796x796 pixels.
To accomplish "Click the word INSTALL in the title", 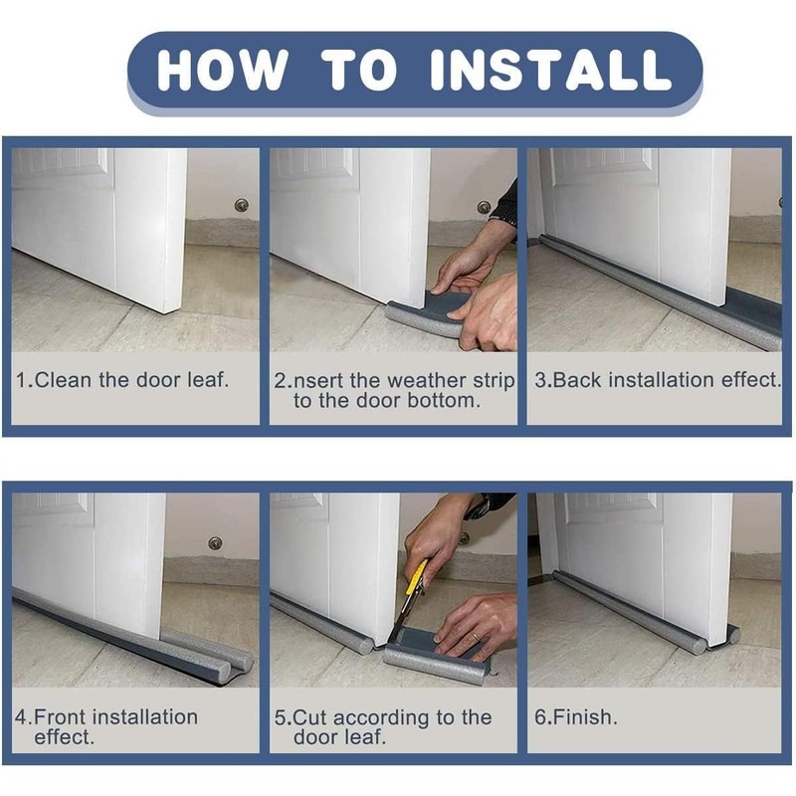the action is [x=551, y=70].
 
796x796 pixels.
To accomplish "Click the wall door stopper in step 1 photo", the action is [x=242, y=205].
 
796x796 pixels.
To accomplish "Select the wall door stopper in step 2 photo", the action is [x=485, y=207].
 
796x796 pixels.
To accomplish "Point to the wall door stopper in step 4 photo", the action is [x=215, y=542].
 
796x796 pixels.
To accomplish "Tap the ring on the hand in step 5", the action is [x=474, y=635].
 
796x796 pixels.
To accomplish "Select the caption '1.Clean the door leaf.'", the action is [x=121, y=380].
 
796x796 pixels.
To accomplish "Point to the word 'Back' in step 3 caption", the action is [x=577, y=380].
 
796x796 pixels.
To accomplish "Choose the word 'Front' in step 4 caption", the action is [x=60, y=716].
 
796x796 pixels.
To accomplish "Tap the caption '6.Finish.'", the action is [x=576, y=716].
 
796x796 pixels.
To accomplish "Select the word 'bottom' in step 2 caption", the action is [x=444, y=401].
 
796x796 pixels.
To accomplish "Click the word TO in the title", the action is [x=359, y=70].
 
